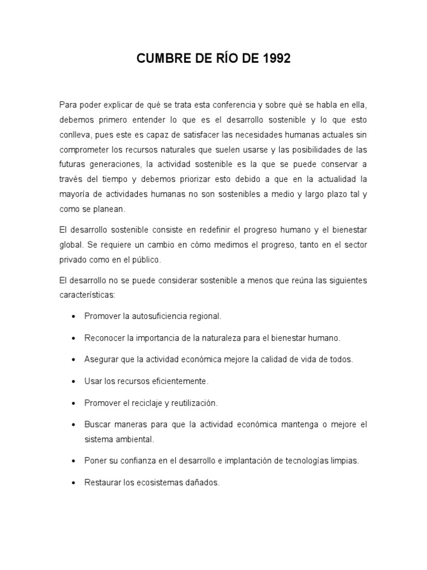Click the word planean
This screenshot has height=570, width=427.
point(113,210)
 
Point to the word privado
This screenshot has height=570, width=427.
point(73,259)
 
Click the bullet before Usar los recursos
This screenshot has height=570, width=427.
point(74,382)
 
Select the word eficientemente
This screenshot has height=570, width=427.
point(177,381)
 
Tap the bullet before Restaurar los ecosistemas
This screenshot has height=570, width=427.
point(74,483)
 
